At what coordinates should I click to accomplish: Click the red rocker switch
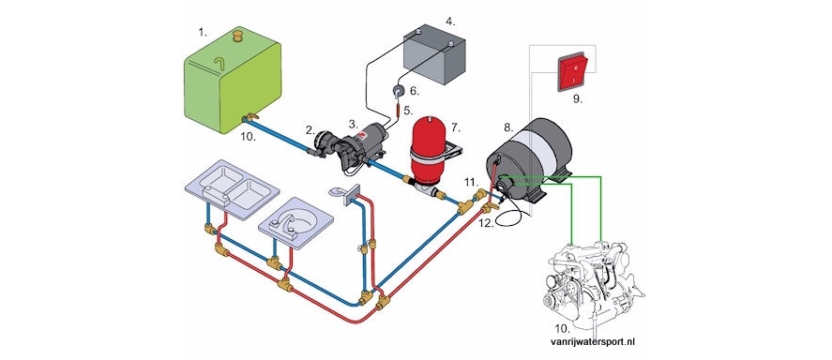click(x=572, y=72)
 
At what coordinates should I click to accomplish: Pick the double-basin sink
click(x=232, y=188)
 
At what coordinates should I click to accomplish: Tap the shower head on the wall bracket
click(x=338, y=192)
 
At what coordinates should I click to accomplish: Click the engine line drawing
click(x=596, y=285)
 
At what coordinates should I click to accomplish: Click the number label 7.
click(x=456, y=127)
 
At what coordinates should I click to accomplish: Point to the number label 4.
click(x=450, y=22)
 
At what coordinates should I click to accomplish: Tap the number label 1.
click(x=203, y=32)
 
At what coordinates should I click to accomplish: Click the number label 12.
click(x=487, y=223)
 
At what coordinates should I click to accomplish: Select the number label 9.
click(x=577, y=98)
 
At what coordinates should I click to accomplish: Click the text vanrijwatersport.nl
click(x=593, y=342)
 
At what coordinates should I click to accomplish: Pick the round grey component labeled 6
click(x=397, y=91)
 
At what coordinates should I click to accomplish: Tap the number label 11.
click(x=471, y=183)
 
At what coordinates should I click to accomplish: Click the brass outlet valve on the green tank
click(x=250, y=117)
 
